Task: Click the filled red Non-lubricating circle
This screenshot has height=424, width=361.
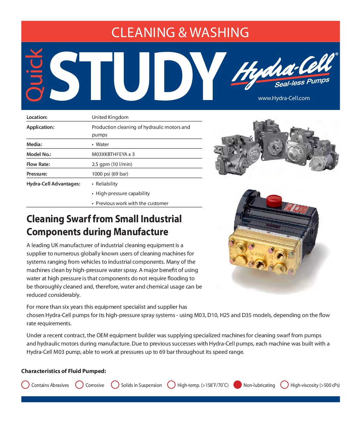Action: (238, 385)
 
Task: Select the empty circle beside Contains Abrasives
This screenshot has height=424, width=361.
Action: (25, 385)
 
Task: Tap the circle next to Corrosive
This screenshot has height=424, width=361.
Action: (79, 385)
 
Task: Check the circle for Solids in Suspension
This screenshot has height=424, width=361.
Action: (115, 385)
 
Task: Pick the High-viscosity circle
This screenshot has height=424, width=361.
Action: (284, 385)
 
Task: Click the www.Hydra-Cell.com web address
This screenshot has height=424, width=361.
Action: (284, 98)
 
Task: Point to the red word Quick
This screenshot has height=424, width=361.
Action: (35, 75)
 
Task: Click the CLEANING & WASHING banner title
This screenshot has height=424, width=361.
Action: (180, 32)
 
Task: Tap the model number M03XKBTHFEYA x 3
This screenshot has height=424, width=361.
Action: (113, 154)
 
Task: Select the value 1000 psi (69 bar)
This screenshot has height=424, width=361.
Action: (110, 174)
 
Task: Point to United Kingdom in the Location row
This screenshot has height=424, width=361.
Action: (110, 117)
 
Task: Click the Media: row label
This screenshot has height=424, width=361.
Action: (34, 144)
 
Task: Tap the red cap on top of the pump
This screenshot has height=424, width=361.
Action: (274, 199)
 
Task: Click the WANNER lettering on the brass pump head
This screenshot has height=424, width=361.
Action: (261, 256)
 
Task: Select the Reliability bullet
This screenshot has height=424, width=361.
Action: (107, 184)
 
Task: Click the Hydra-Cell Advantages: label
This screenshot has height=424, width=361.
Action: (53, 184)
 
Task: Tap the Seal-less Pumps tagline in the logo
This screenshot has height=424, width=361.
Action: (302, 82)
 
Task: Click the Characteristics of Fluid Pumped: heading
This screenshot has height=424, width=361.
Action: (64, 371)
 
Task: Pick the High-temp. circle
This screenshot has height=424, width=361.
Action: (171, 385)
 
